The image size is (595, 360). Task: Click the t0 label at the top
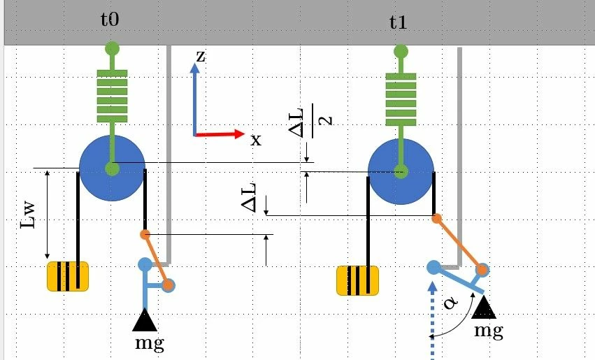[x=110, y=20]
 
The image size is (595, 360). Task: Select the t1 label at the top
[x=398, y=22]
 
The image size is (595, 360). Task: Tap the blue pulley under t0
[x=113, y=168]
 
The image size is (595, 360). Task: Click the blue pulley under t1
[x=401, y=171]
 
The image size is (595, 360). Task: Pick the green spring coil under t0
[x=113, y=96]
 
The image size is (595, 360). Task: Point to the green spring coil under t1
[x=401, y=99]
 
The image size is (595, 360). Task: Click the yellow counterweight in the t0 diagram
[x=68, y=277]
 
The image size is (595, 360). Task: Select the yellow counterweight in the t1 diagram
[x=357, y=280]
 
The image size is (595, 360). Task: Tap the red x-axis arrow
[x=220, y=134]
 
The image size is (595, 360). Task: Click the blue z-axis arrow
[x=194, y=99]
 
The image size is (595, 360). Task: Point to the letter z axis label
[x=201, y=57]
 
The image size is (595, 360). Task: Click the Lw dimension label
[x=29, y=215]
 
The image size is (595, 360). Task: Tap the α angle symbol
[x=450, y=303]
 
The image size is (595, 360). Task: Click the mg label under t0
[x=150, y=343]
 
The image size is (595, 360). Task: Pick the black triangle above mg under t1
[x=484, y=308]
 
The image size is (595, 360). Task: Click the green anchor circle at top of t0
[x=113, y=48]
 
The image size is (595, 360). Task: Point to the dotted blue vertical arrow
[x=433, y=320]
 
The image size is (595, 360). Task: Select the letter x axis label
[x=256, y=141]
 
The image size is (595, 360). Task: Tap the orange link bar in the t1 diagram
[x=459, y=244]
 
